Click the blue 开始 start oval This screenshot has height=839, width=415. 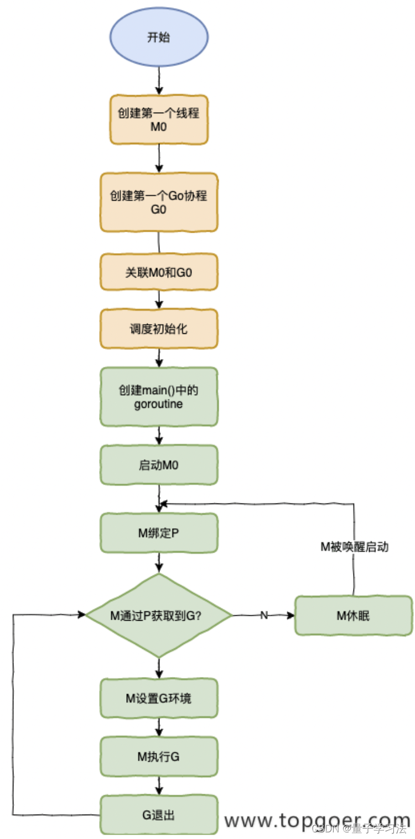[159, 38]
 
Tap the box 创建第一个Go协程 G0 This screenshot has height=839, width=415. [159, 202]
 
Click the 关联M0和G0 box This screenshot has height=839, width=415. [159, 272]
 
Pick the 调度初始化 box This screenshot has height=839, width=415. [159, 329]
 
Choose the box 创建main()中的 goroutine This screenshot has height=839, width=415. [159, 397]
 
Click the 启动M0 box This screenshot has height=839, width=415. [159, 465]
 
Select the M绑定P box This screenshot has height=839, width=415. [159, 533]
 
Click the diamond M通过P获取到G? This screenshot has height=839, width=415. [159, 615]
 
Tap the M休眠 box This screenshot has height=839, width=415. [353, 615]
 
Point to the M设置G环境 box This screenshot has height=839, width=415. [159, 698]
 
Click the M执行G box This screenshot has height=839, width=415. [159, 757]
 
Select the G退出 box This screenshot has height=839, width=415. [159, 815]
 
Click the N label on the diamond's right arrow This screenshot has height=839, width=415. [264, 615]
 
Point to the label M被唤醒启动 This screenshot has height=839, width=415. [354, 547]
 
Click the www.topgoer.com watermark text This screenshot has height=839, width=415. [317, 820]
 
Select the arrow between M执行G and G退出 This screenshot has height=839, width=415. [159, 785]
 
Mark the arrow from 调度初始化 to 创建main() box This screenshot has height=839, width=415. [159, 358]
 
